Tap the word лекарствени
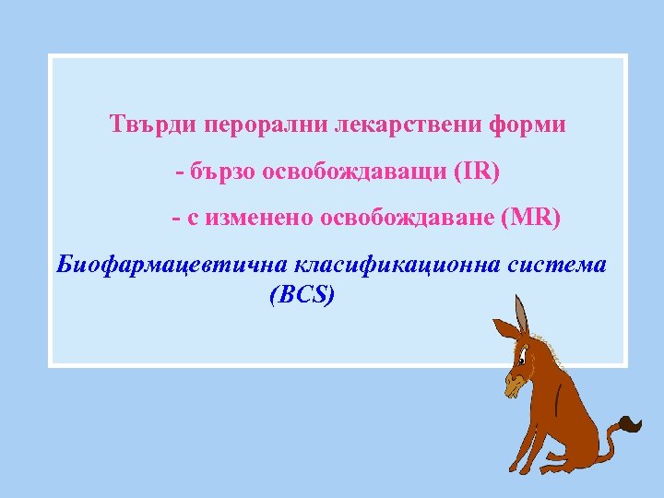point(388,125)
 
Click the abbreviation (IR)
point(475,172)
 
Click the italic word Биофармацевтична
point(172,266)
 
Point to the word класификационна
point(397,266)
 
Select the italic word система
point(558,266)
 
